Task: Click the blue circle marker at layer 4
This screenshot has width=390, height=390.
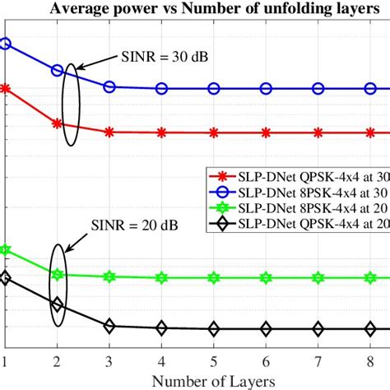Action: [x=162, y=89]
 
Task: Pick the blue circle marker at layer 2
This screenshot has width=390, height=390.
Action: [x=58, y=71]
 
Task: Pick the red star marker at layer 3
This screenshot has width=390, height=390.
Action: [x=109, y=131]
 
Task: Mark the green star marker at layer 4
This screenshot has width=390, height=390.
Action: [x=162, y=278]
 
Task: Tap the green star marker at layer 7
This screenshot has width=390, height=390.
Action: [x=318, y=278]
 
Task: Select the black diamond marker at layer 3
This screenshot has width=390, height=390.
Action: [x=109, y=327]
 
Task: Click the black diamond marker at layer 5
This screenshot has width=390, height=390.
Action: [x=214, y=329]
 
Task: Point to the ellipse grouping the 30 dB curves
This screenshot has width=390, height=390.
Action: [x=72, y=104]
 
